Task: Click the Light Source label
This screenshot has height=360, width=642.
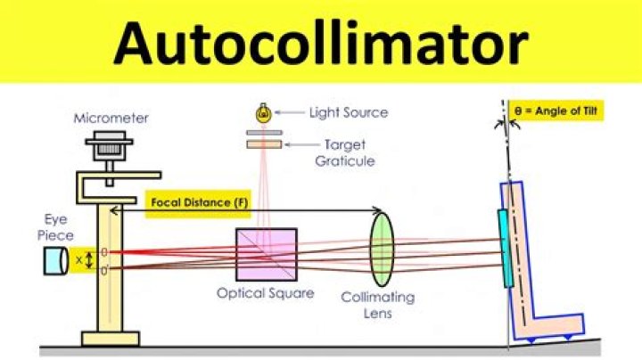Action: click(348, 113)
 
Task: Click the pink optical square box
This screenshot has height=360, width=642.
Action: click(267, 254)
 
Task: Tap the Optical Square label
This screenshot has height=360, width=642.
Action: click(266, 293)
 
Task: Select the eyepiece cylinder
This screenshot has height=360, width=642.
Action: click(56, 259)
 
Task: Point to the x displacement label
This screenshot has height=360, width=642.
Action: click(80, 259)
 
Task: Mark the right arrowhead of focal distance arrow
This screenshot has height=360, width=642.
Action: click(379, 211)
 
